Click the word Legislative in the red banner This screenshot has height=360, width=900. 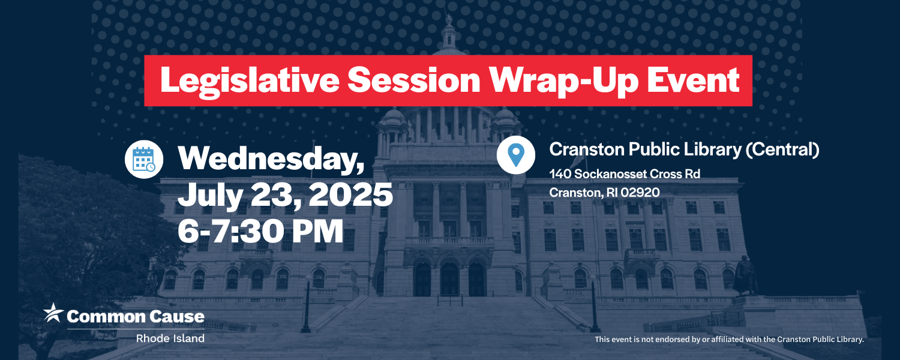pos(250,81)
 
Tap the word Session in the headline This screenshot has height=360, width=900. pos(414,80)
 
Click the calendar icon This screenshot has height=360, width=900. pos(144,159)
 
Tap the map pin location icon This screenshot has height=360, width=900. pos(516,155)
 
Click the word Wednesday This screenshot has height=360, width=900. pos(271,159)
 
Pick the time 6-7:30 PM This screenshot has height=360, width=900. pos(260,232)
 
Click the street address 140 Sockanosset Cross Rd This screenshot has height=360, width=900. pos(625,174)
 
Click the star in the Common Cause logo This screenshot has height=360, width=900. pos(53,313)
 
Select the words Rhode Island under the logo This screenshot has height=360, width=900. pos(170,338)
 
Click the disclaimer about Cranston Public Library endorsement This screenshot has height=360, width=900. pos(729,340)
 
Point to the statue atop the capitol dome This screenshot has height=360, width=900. pos(449,19)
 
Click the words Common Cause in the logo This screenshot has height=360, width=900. pos(136,317)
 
